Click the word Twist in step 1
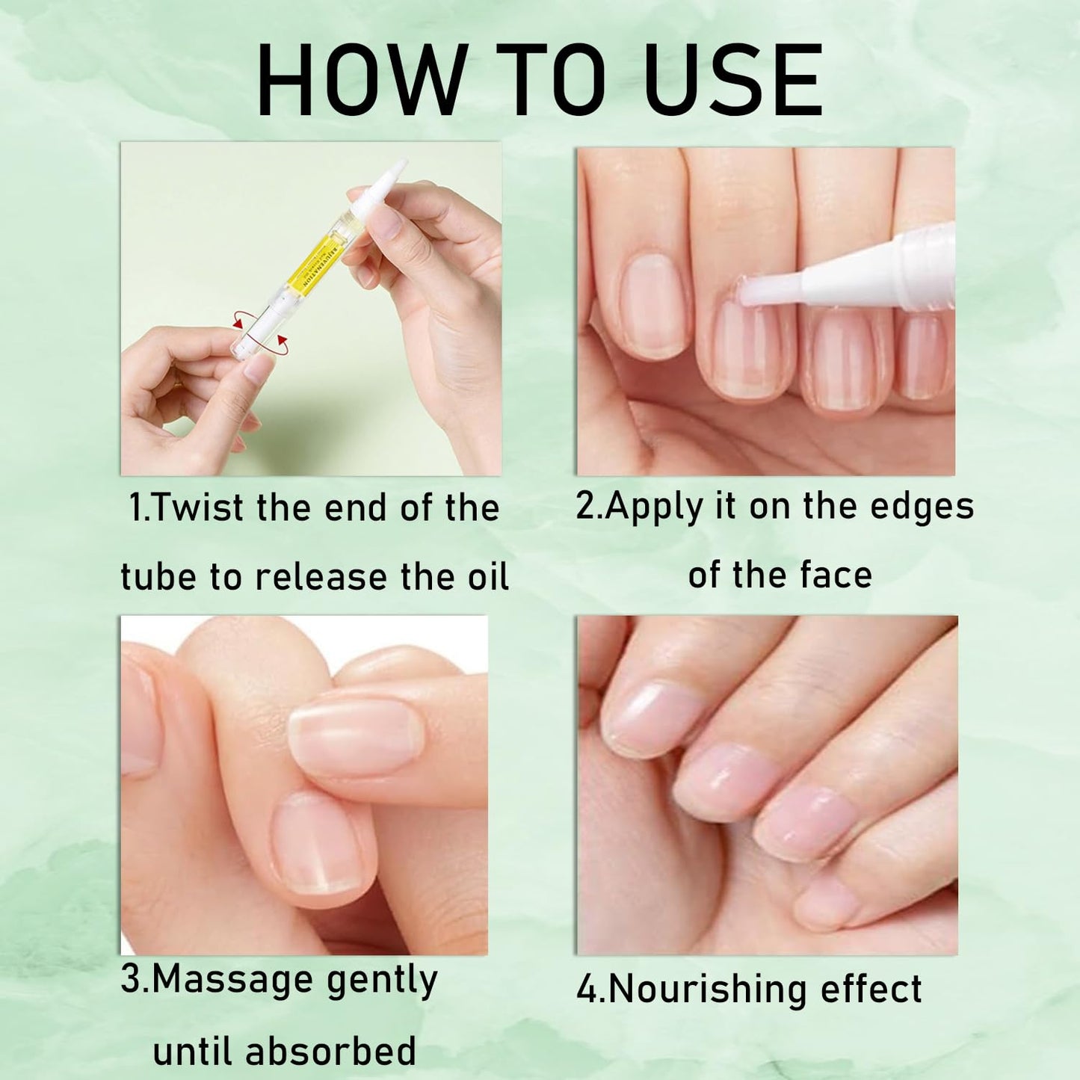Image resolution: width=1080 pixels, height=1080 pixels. (197, 508)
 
